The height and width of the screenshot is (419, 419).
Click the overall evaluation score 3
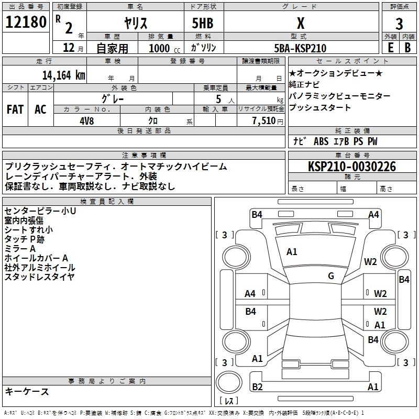[x=399, y=24]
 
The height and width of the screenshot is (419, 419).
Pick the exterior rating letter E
[x=390, y=48]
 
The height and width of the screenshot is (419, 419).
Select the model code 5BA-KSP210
[x=300, y=48]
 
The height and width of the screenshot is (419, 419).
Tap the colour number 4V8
[x=87, y=120]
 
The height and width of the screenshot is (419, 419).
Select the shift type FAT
[x=15, y=109]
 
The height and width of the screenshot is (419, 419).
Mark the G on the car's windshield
[x=331, y=276]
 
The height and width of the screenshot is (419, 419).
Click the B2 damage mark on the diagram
[x=257, y=387]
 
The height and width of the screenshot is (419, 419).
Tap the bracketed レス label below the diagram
[x=229, y=401]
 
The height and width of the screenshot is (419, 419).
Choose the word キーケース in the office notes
[x=27, y=391]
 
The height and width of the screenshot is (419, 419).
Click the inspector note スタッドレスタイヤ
[x=39, y=277]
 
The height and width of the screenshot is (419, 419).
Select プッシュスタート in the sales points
[x=319, y=107]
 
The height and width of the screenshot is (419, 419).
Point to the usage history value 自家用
[x=113, y=48]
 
